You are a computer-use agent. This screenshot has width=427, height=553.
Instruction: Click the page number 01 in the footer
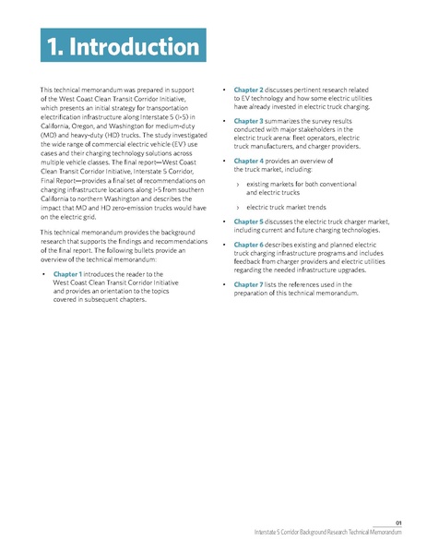tap(398, 522)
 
